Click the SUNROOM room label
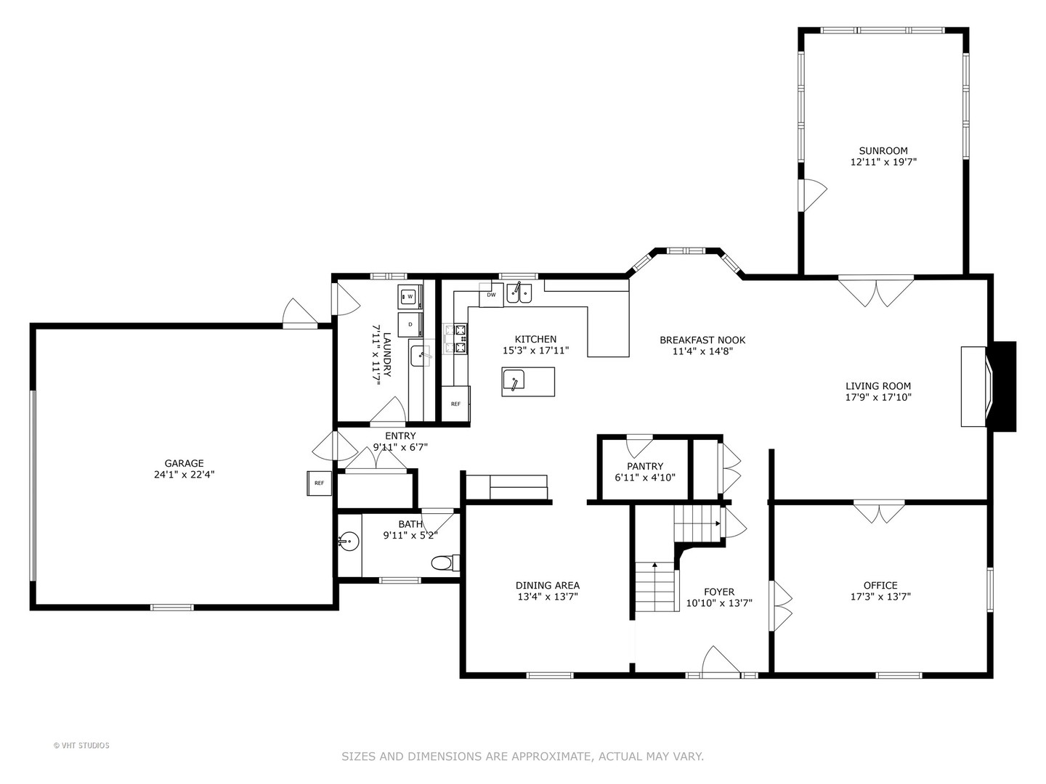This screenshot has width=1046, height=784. coord(883,151)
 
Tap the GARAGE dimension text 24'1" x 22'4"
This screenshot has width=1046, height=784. coord(184,475)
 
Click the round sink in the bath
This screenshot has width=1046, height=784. coord(348,541)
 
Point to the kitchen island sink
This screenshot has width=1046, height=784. coord(514,380)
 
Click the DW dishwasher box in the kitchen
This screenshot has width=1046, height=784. coord(491,295)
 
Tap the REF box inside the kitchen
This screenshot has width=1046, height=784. coord(455,404)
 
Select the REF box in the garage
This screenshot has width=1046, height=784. coord(319,483)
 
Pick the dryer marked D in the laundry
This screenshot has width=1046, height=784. coord(410,324)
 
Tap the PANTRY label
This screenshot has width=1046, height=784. coord(645,466)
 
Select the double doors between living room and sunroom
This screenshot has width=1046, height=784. coord(876,290)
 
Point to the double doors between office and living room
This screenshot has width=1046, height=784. coord(879,513)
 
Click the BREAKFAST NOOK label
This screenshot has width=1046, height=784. coord(702,340)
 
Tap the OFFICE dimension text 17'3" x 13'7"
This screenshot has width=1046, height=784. coord(880,597)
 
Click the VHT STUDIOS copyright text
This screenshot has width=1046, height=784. coord(81,746)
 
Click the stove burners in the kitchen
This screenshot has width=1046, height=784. coord(460,339)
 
